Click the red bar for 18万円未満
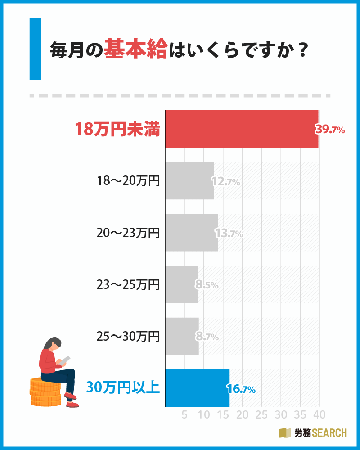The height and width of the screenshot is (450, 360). (x=242, y=129)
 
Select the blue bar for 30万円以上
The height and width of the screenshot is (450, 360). (x=197, y=388)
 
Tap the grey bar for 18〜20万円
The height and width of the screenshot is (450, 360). (x=189, y=180)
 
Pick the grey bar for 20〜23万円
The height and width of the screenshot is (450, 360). (x=191, y=233)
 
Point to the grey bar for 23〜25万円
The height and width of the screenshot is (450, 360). (x=181, y=284)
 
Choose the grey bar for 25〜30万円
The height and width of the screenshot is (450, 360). (x=182, y=336)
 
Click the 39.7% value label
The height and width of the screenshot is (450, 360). (x=330, y=130)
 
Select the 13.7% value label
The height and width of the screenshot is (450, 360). (x=229, y=234)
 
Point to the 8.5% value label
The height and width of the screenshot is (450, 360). (x=207, y=285)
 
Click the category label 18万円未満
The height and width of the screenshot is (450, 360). (x=117, y=130)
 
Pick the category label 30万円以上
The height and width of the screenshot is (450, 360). (x=123, y=387)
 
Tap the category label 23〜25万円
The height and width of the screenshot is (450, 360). (x=128, y=284)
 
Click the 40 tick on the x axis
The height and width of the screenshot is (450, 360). (x=319, y=414)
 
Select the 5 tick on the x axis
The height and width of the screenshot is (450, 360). (x=184, y=414)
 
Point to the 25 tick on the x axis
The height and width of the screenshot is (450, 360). (x=261, y=414)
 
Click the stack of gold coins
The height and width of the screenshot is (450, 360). (x=45, y=391)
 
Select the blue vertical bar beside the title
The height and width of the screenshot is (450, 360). (x=35, y=49)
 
